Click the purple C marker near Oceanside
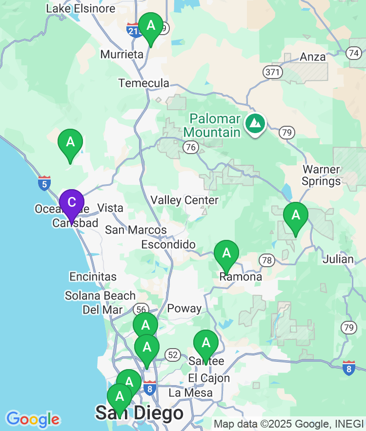[x=72, y=203]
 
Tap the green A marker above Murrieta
[x=151, y=25]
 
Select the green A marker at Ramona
[x=226, y=254]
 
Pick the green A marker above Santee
[x=206, y=343]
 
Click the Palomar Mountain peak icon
[x=255, y=124]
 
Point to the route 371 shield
[x=272, y=72]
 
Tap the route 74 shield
[x=355, y=53]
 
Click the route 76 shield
[x=191, y=147]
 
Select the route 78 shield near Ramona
[x=266, y=260]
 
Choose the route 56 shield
[x=141, y=309]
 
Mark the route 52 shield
[x=173, y=355]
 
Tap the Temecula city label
[x=144, y=83]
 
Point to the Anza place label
[x=313, y=57]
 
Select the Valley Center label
[x=184, y=200]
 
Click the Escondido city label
[x=168, y=245]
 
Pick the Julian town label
[x=338, y=259]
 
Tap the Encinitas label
[x=93, y=276]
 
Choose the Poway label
[x=184, y=308]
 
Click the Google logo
[x=33, y=419]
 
